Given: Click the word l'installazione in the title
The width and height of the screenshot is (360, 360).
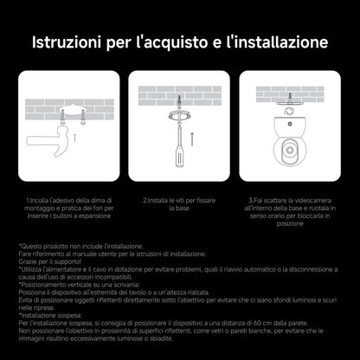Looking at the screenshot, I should click(276, 42).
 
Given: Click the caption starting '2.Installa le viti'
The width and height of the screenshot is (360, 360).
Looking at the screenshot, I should click(180, 204).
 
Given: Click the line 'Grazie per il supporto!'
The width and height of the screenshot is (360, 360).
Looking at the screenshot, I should click(53, 262).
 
